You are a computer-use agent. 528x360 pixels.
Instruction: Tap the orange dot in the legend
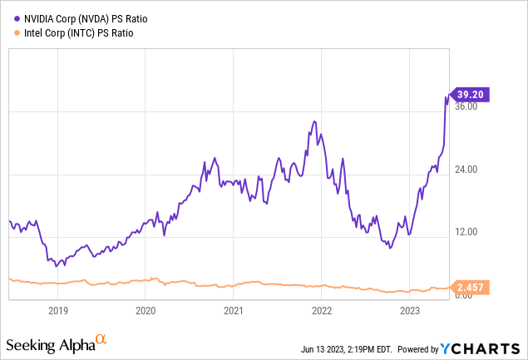[x=9, y=33]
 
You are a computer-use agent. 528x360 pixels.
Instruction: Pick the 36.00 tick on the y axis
[x=466, y=106]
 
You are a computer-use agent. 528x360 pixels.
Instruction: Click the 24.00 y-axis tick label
[x=466, y=170]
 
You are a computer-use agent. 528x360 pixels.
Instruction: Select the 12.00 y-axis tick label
[x=466, y=233]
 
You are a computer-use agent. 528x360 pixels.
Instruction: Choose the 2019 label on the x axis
[x=57, y=311]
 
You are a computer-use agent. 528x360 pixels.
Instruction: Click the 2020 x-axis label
[x=146, y=311]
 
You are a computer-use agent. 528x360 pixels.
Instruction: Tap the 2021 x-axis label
[x=234, y=311]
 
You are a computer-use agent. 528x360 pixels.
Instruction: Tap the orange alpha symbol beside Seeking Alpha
[x=101, y=339]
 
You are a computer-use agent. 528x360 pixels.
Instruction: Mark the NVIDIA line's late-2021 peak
[x=314, y=121]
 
